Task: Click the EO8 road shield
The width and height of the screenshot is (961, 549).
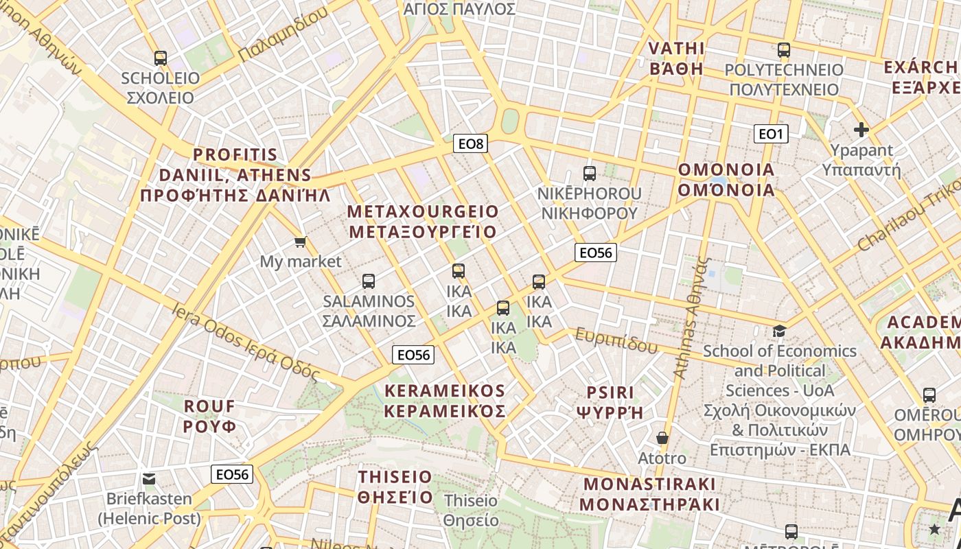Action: (x=471, y=143)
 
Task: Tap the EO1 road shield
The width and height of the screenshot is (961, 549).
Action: (x=770, y=134)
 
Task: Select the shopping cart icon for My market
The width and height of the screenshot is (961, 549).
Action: (x=300, y=242)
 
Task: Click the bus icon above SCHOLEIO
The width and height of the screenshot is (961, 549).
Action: (x=161, y=58)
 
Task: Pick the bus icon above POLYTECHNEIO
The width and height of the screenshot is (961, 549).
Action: (x=784, y=50)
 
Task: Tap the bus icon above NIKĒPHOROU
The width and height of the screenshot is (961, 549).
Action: (x=590, y=174)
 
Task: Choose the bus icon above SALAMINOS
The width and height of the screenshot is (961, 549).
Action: (x=369, y=281)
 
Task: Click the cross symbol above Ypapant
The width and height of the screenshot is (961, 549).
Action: (x=861, y=129)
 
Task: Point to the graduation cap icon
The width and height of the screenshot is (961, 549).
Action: (x=779, y=331)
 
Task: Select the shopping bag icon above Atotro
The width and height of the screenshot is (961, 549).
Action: (x=662, y=438)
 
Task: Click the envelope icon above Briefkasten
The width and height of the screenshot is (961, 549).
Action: (x=149, y=479)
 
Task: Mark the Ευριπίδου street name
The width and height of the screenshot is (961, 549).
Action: (x=616, y=340)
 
